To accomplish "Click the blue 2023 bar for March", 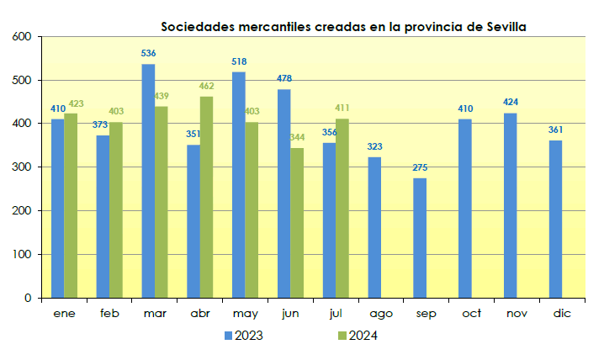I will tap(148, 181).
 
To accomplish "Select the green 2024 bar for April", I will tap(206, 197).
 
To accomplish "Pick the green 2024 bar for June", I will tap(297, 223).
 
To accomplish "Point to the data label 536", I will tap(148, 54).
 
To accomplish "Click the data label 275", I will tap(420, 167).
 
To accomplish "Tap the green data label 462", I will tap(207, 86).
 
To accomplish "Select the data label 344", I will tap(298, 137).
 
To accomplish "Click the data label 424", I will tap(511, 103).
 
